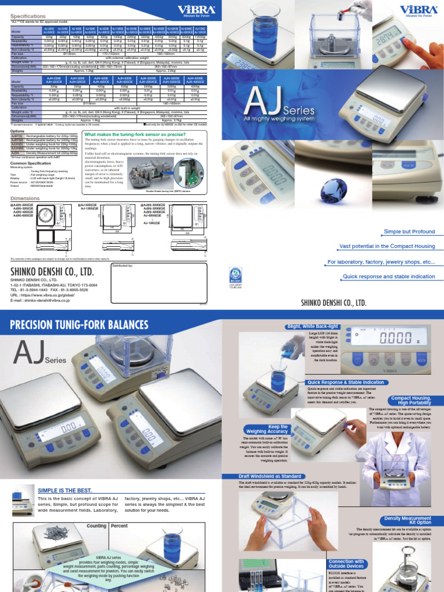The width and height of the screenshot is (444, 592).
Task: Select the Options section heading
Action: (x=18, y=131)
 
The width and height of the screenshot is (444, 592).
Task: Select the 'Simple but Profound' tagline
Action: (x=409, y=232)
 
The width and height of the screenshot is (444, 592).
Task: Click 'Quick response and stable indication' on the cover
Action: (x=388, y=276)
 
